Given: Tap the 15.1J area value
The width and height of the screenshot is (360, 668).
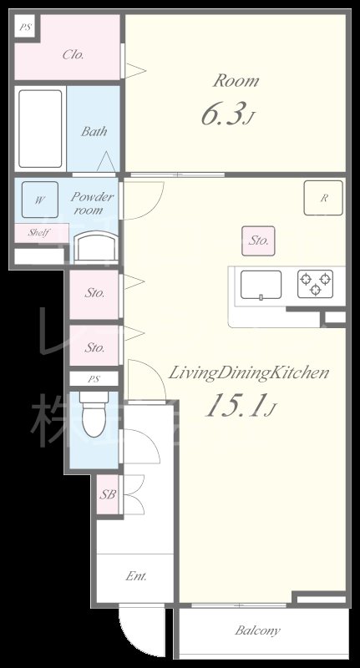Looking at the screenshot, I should pos(240,407).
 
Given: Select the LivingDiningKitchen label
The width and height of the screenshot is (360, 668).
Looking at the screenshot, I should pos(249,373).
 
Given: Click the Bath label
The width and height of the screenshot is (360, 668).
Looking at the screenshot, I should pos(94,131).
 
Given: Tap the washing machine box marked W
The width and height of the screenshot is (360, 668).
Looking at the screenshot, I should pos(39,200).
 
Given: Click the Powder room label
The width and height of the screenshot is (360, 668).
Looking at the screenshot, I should pos(93,204).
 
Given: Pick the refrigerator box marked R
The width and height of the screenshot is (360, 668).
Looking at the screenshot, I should pos(323,198).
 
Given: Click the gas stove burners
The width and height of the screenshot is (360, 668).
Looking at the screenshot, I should pos(315,283).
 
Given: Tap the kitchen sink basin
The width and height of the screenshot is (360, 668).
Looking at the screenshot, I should pos(262,285).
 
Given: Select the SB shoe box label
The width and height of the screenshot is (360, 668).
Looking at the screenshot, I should pos(109,494).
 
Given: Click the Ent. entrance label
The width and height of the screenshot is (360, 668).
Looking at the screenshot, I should pos(135,577).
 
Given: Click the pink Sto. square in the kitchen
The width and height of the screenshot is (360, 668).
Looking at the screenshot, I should pos(259,240).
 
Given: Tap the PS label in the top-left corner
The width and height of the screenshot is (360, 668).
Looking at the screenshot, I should pos(25,27).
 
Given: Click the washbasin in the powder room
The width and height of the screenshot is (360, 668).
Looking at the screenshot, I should pos(93,247).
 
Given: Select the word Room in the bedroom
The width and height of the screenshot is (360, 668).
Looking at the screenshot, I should pos(236,81).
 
